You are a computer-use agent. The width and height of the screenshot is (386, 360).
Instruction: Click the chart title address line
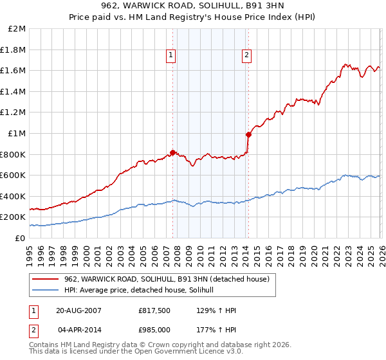click(192, 6)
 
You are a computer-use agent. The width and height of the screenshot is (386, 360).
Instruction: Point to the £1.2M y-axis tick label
click(14, 113)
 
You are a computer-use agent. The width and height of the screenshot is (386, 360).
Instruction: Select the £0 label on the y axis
click(21, 238)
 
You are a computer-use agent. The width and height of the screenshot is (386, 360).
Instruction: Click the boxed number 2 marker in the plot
click(247, 56)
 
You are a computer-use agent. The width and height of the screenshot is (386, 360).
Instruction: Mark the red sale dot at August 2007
click(172, 152)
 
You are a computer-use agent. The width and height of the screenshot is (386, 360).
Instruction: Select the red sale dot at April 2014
click(248, 134)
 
